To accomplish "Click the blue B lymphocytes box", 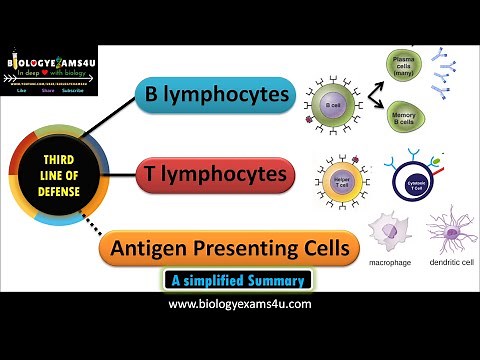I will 216,97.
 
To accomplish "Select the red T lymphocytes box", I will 216,177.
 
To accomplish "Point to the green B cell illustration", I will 332,102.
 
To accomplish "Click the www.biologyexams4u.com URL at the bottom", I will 240,304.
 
